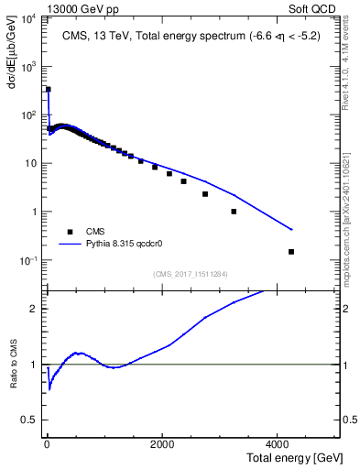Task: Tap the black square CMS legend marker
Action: point(70,232)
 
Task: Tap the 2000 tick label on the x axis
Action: point(162,442)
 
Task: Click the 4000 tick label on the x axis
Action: point(279,442)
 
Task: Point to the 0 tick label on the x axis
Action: point(47,442)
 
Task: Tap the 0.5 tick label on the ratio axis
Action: point(29,420)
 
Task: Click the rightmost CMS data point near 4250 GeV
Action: point(291,252)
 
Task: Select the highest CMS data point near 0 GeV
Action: point(48,90)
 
